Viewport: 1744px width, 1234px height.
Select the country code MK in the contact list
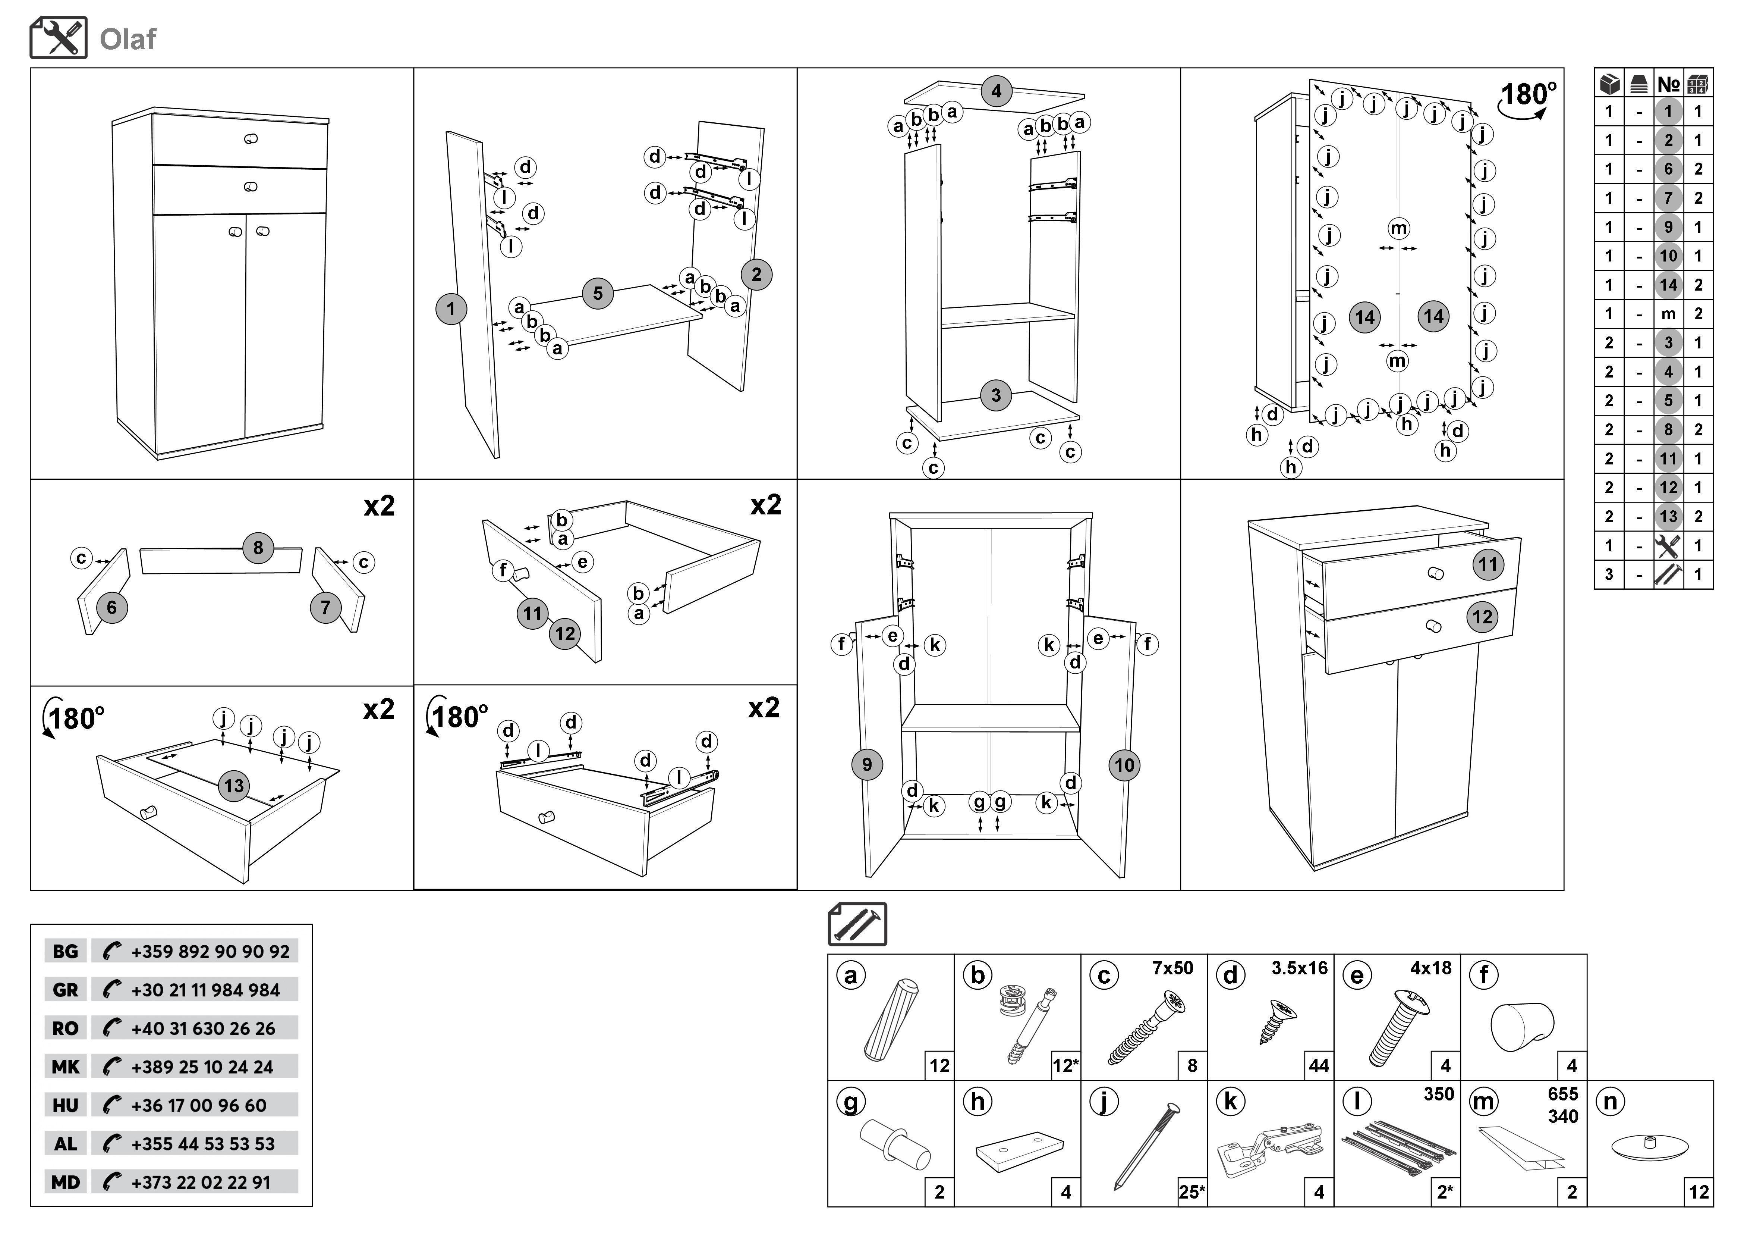coord(65,1067)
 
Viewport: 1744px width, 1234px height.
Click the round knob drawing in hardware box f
coord(1522,1026)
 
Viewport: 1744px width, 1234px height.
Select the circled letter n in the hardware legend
coord(1609,1101)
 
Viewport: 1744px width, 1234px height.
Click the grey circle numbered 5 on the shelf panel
coord(598,293)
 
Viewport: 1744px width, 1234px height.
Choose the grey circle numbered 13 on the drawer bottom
coord(234,786)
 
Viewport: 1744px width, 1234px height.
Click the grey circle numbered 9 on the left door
coord(867,764)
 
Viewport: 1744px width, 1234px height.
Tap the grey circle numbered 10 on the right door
coord(1124,765)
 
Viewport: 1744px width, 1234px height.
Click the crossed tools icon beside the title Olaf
coord(59,38)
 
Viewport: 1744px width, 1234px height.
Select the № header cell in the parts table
coord(1668,84)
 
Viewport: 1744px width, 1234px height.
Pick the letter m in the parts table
coord(1668,314)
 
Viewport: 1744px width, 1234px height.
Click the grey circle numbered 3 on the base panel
coord(996,395)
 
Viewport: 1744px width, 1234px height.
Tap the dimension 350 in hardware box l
coord(1438,1094)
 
